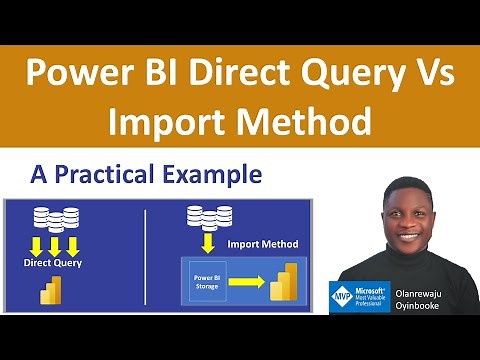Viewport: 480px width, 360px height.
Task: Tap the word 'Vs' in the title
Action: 435,75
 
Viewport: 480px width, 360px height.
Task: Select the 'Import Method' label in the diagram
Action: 261,243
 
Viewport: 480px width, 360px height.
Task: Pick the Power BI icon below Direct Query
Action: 51,292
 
